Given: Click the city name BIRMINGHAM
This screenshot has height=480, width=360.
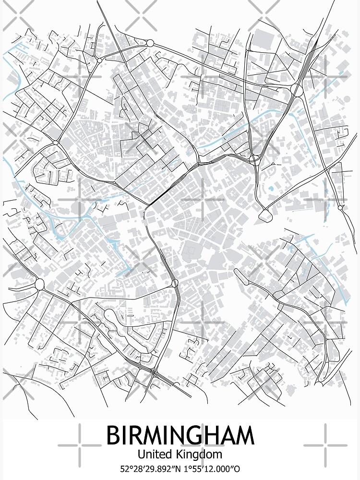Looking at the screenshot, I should [180, 436].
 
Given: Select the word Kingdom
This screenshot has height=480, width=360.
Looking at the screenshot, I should [200, 454].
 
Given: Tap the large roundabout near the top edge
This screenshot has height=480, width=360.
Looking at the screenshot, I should [150, 43].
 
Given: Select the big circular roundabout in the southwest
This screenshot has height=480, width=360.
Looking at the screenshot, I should [39, 284].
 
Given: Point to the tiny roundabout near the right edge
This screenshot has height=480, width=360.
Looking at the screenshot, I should [340, 208].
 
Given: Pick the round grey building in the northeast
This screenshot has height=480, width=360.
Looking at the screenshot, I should [347, 99].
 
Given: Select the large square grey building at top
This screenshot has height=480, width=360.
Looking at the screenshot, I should [263, 38].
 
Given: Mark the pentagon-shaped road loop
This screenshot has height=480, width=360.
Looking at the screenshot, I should [265, 215].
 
